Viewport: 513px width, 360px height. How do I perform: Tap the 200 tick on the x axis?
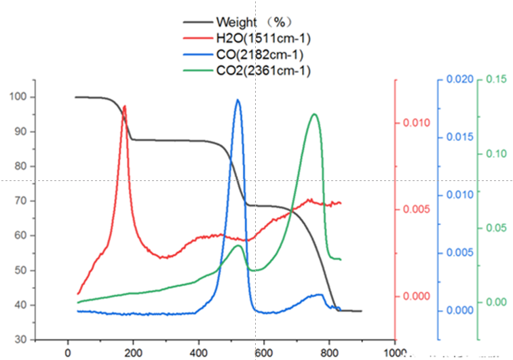click(x=133, y=353)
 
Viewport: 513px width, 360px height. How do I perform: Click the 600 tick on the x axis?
click(x=264, y=353)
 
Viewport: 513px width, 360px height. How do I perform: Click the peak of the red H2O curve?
click(x=124, y=106)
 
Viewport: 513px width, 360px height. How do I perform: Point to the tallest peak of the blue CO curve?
click(x=237, y=100)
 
